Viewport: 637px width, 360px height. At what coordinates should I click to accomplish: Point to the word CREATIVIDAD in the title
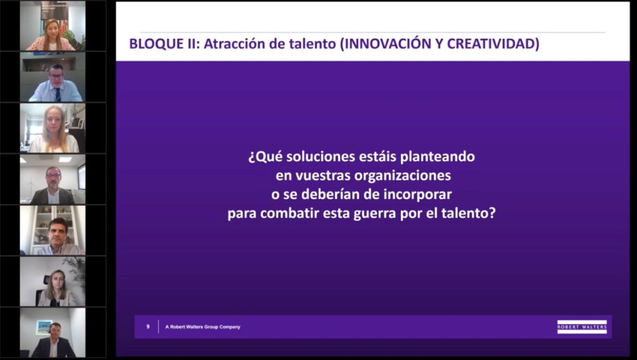493,44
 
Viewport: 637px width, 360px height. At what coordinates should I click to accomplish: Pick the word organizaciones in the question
402,176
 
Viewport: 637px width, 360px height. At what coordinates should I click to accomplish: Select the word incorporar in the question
417,195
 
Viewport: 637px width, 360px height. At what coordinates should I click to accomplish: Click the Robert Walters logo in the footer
582,326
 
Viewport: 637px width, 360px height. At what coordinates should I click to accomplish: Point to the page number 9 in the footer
148,326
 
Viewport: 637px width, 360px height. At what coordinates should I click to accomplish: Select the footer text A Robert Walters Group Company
203,326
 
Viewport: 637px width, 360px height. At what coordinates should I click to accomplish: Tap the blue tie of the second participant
58,95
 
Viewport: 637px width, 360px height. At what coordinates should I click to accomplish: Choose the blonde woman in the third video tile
53,130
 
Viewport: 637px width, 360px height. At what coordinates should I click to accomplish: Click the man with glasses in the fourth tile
53,186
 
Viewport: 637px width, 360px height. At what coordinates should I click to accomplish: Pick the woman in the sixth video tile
57,288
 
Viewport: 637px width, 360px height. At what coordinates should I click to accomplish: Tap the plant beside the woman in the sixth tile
77,271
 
